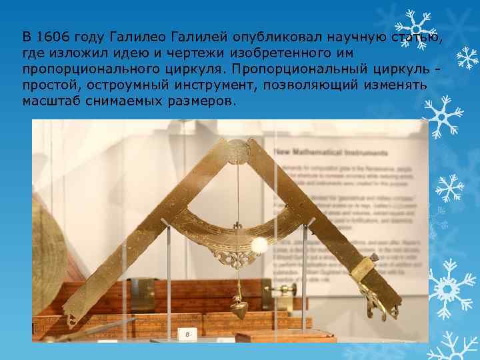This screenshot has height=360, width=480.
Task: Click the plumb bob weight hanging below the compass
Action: click(x=241, y=309)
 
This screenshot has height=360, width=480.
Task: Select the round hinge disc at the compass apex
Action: click(x=235, y=150)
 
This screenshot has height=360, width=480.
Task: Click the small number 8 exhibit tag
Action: click(x=188, y=333)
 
